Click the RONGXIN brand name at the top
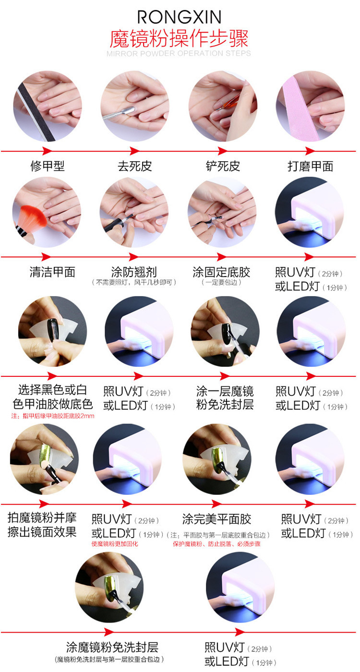(x=180, y=17)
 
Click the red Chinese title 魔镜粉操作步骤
(x=179, y=39)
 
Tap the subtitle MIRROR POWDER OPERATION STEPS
(x=179, y=53)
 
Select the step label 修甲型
(x=48, y=166)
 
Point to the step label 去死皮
(x=135, y=166)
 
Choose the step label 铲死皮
(x=223, y=166)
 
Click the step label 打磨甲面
(x=311, y=166)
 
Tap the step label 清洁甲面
(x=52, y=272)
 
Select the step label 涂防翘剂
(x=134, y=272)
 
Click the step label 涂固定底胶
(x=221, y=272)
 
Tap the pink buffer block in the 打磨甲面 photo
(x=300, y=108)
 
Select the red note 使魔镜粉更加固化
(x=115, y=544)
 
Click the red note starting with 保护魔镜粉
(x=216, y=544)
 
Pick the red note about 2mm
(x=53, y=416)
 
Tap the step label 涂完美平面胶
(x=216, y=519)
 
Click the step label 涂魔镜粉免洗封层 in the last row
(x=112, y=647)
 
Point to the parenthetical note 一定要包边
(x=221, y=282)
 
